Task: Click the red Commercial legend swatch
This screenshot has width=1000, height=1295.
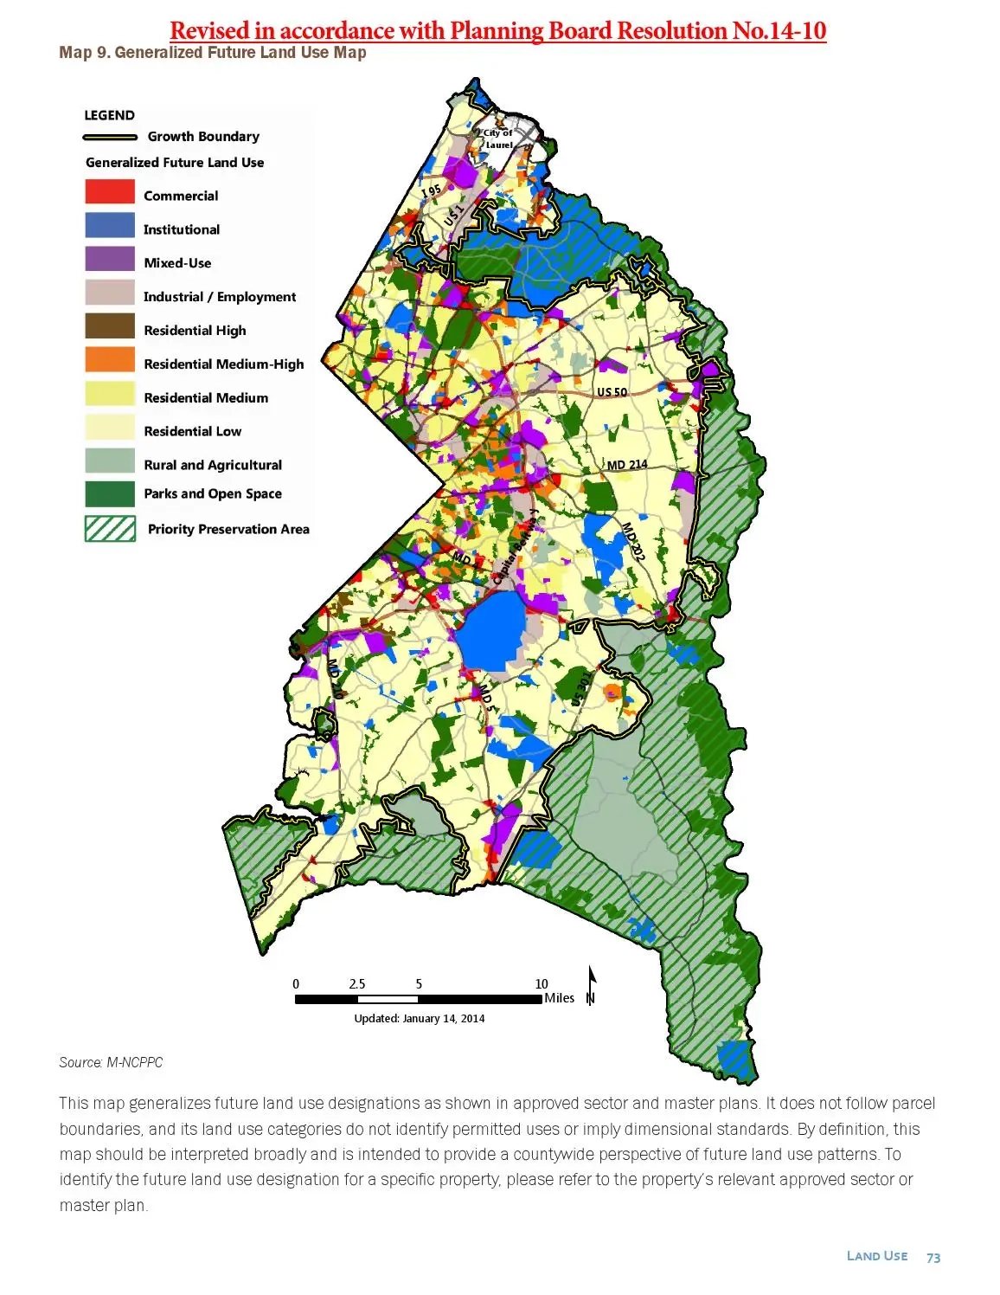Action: point(110,191)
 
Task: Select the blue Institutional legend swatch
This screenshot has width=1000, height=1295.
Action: point(110,225)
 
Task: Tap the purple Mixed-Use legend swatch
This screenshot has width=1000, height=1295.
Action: point(110,259)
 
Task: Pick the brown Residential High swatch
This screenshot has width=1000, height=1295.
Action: point(110,326)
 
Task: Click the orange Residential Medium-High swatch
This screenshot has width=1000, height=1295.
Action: point(110,359)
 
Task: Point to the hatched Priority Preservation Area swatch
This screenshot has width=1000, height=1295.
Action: point(110,528)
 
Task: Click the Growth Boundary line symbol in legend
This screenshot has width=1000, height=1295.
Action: point(110,137)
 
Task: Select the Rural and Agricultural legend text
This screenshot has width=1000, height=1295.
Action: point(213,465)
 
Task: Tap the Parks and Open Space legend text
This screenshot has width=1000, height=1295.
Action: point(213,493)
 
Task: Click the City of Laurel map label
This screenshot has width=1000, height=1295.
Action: point(498,139)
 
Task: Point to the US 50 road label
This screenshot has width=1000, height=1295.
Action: point(612,392)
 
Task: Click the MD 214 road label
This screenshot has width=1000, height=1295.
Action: point(627,465)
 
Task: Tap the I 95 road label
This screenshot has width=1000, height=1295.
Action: point(432,190)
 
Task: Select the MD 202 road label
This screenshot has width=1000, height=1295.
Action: point(633,542)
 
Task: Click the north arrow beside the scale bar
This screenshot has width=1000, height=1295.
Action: point(592,986)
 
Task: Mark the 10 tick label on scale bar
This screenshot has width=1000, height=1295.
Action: point(542,983)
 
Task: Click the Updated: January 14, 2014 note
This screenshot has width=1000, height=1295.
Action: point(420,1018)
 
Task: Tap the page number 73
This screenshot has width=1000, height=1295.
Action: point(933,1258)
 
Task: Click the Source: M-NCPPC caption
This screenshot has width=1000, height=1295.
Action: point(111,1062)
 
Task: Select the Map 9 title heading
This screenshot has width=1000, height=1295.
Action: point(213,53)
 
